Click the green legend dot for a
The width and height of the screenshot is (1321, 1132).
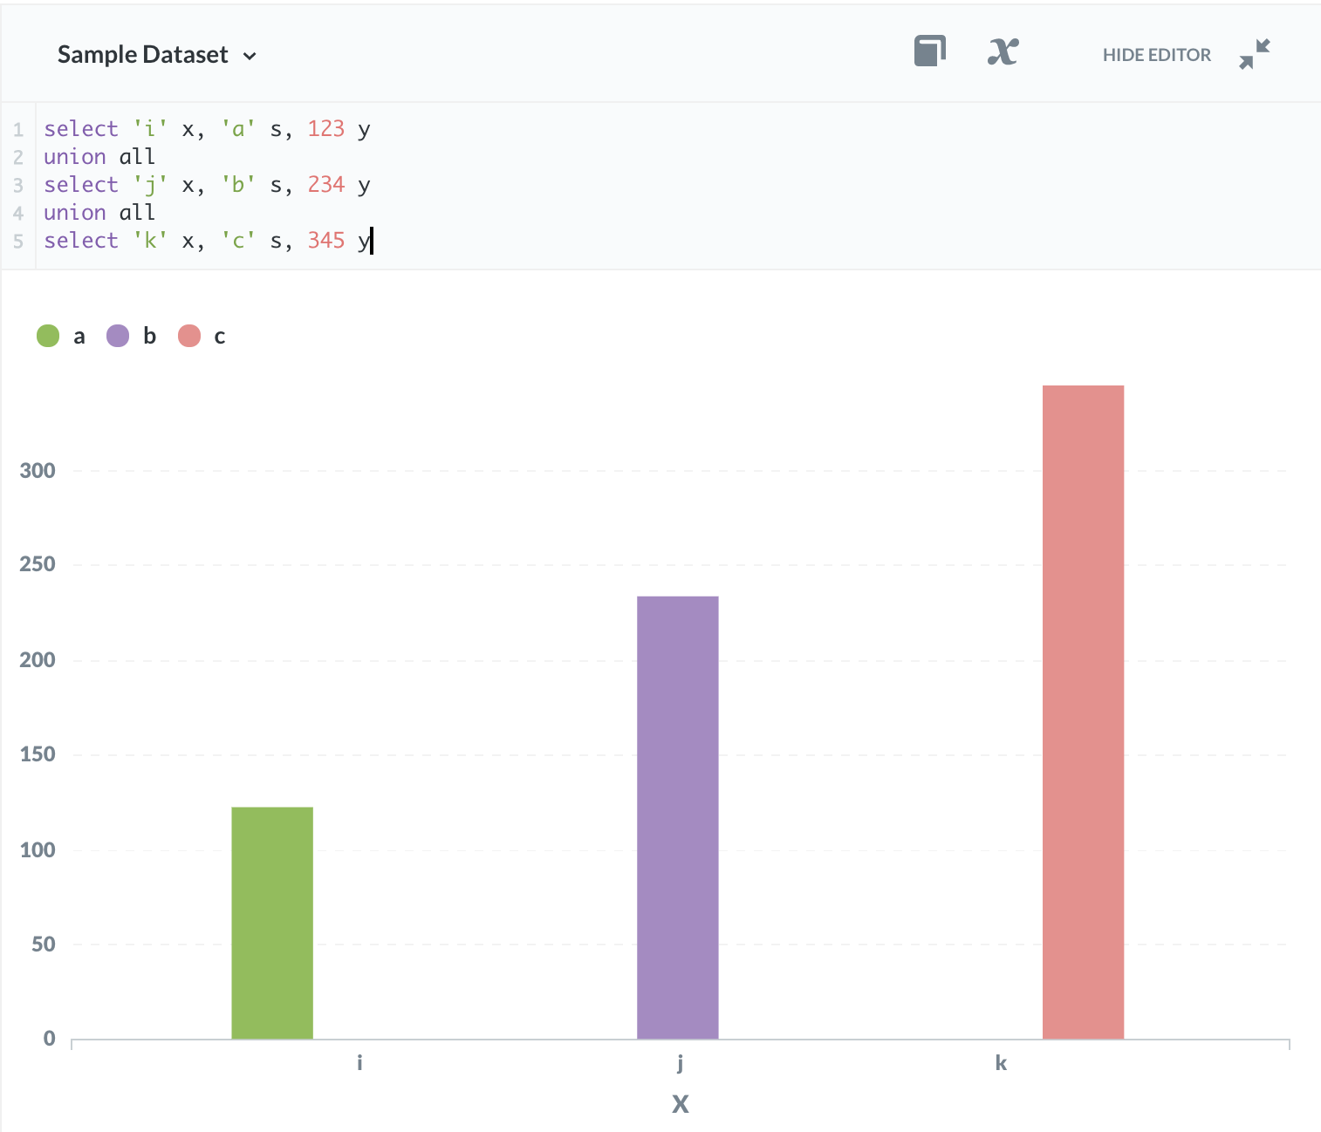48,336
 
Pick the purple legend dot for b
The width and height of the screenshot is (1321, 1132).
118,336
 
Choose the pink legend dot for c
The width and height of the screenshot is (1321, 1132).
189,336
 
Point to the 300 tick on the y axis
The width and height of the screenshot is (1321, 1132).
38,471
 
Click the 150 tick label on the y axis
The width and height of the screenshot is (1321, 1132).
38,754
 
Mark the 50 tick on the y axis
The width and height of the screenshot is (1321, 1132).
43,944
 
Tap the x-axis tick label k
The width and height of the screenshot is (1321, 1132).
1001,1063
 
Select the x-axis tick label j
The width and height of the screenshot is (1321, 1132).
680,1063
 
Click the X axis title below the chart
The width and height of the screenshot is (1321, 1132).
681,1104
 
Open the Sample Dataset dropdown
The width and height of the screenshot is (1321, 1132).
157,55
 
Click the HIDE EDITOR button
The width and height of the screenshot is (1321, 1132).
1156,55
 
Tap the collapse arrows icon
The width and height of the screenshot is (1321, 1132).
1255,54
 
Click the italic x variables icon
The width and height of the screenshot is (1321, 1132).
1003,52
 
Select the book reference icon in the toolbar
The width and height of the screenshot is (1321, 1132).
930,51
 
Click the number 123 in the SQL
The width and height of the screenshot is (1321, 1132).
326,129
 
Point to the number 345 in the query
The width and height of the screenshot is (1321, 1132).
326,241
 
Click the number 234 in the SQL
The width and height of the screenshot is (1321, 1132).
326,185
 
